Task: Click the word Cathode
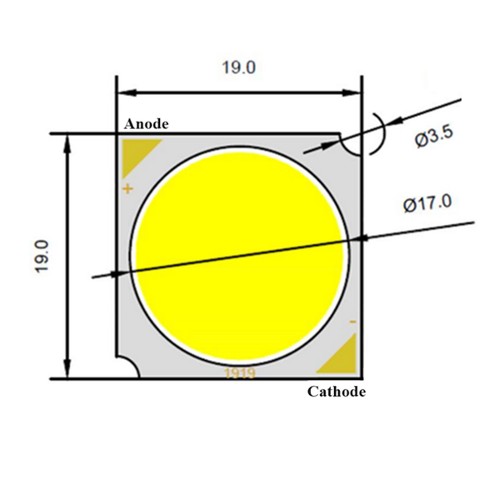(337, 392)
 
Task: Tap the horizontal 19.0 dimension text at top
(238, 68)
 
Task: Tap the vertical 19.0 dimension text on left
(42, 256)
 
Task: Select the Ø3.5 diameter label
(433, 139)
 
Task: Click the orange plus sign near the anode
(127, 189)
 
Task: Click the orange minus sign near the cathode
(352, 322)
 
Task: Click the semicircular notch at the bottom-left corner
(126, 368)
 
